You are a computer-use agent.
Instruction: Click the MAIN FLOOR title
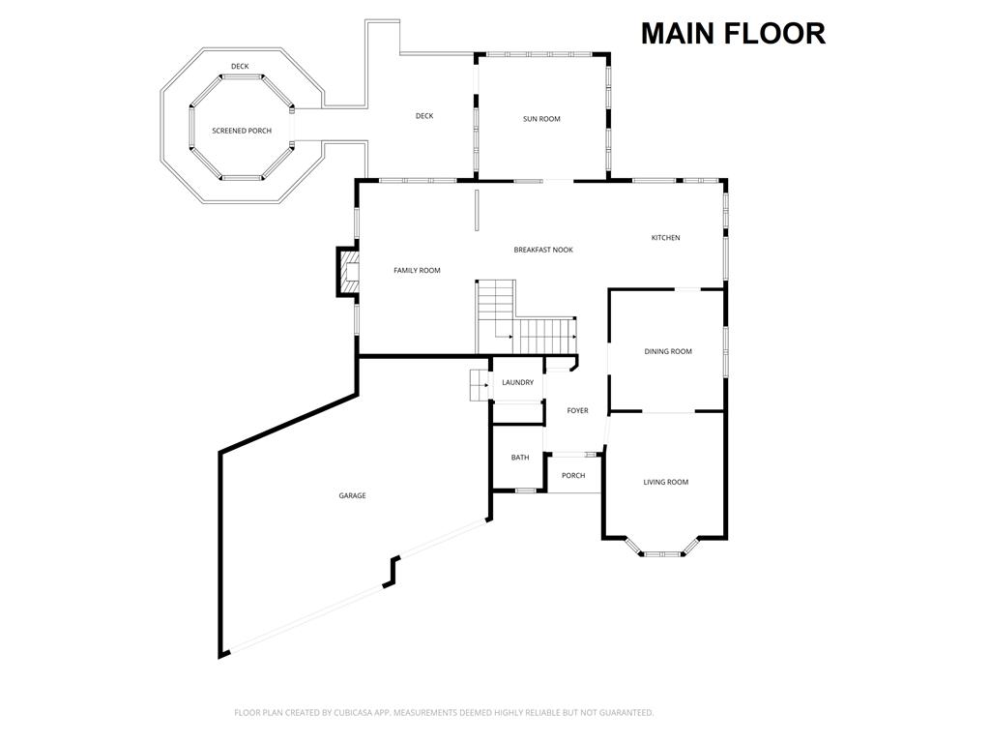pos(733,34)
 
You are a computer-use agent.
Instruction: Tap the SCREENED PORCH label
pos(242,131)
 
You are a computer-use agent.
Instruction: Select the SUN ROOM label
pos(541,119)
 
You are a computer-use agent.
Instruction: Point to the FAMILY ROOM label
pos(417,271)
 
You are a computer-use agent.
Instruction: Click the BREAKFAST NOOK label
pos(543,250)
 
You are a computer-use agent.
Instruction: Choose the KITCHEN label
pos(665,238)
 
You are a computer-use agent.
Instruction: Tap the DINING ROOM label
pos(668,351)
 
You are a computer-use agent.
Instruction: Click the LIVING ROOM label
pos(665,482)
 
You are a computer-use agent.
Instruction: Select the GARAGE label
pos(352,496)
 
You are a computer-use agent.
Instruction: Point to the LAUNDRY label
pos(518,382)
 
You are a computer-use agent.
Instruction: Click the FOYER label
pos(577,410)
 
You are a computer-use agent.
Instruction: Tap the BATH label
pos(520,458)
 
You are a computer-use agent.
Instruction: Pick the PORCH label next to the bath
pos(573,476)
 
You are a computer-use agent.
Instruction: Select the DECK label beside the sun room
pos(424,116)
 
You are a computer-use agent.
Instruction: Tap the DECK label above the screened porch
pos(240,67)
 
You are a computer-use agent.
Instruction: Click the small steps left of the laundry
pos(480,385)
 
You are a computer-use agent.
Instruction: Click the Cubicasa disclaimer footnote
pos(444,713)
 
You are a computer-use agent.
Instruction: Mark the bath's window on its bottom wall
pos(525,490)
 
